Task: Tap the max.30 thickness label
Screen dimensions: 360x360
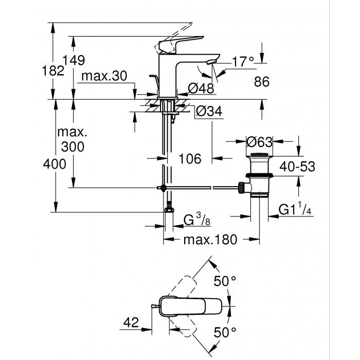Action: [x=105, y=77]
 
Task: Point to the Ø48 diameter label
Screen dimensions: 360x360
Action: [x=201, y=89]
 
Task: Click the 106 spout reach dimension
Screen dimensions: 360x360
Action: [x=190, y=159]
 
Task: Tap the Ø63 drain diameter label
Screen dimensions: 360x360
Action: [x=259, y=141]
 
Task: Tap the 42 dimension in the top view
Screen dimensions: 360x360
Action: [x=131, y=322]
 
